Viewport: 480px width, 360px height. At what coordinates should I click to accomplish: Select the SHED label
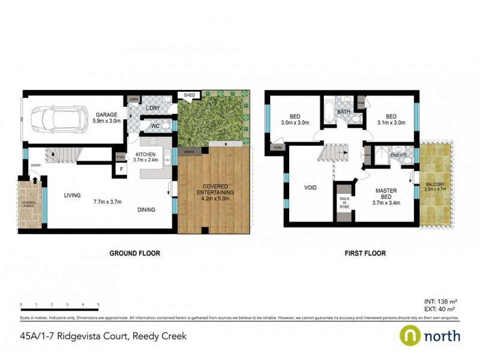click(189, 95)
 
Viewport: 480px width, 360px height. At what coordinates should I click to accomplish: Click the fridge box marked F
click(121, 170)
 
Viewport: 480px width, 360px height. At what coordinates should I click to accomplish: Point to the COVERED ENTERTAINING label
click(214, 189)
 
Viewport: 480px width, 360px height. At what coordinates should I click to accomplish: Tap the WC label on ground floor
click(155, 126)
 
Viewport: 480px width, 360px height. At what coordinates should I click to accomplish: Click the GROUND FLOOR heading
click(134, 253)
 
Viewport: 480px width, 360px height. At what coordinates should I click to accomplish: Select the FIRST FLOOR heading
click(365, 253)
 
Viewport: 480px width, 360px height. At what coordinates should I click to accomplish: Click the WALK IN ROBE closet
click(344, 203)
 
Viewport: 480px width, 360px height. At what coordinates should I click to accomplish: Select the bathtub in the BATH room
click(328, 112)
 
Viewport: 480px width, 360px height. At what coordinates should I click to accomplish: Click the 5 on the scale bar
click(98, 305)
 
